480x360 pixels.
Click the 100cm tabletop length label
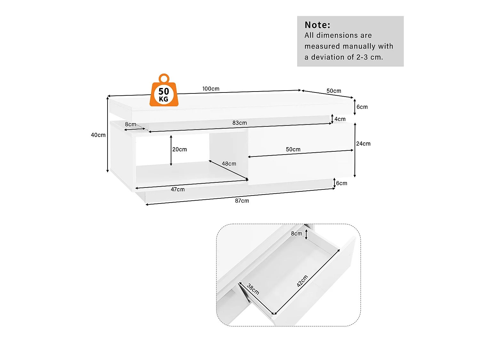pyautogui.click(x=211, y=89)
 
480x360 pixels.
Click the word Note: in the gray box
pyautogui.click(x=317, y=25)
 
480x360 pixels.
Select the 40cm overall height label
pyautogui.click(x=98, y=135)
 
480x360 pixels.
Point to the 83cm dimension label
pyautogui.click(x=239, y=123)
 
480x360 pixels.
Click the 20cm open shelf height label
pyautogui.click(x=180, y=149)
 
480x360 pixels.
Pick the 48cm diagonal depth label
pyautogui.click(x=229, y=164)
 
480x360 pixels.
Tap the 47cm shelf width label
pyautogui.click(x=178, y=189)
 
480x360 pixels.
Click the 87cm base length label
pyautogui.click(x=242, y=201)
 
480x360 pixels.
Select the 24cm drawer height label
pyautogui.click(x=363, y=144)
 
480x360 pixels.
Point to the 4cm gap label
pyautogui.click(x=340, y=119)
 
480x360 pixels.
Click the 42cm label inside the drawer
pyautogui.click(x=302, y=281)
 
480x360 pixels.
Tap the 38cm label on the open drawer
pyautogui.click(x=253, y=289)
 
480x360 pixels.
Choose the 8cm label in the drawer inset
pyautogui.click(x=296, y=234)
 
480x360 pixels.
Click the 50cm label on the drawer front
pyautogui.click(x=293, y=149)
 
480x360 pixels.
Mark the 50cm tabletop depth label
pyautogui.click(x=334, y=91)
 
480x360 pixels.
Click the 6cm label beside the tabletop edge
pyautogui.click(x=362, y=107)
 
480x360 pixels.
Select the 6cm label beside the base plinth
pyautogui.click(x=341, y=183)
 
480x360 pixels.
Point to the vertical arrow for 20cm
pyautogui.click(x=171, y=150)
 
